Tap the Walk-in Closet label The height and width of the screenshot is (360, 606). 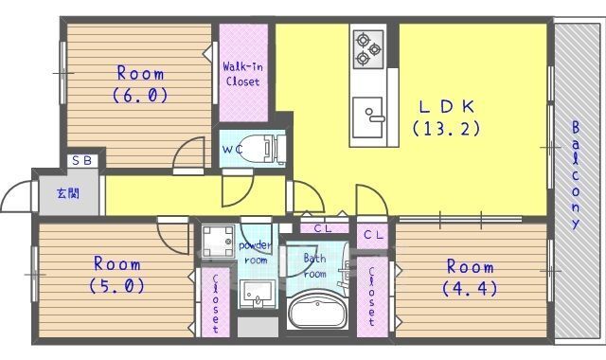241,74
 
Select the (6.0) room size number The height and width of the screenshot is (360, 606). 139,94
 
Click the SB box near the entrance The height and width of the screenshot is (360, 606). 80,161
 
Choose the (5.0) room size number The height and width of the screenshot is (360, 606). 116,284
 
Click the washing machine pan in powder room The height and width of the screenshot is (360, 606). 215,238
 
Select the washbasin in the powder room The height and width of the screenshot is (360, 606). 254,294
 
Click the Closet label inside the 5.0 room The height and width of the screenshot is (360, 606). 216,303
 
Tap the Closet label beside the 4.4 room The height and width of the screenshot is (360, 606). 372,297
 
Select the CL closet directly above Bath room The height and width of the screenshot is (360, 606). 322,228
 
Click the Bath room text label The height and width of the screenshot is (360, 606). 314,266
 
